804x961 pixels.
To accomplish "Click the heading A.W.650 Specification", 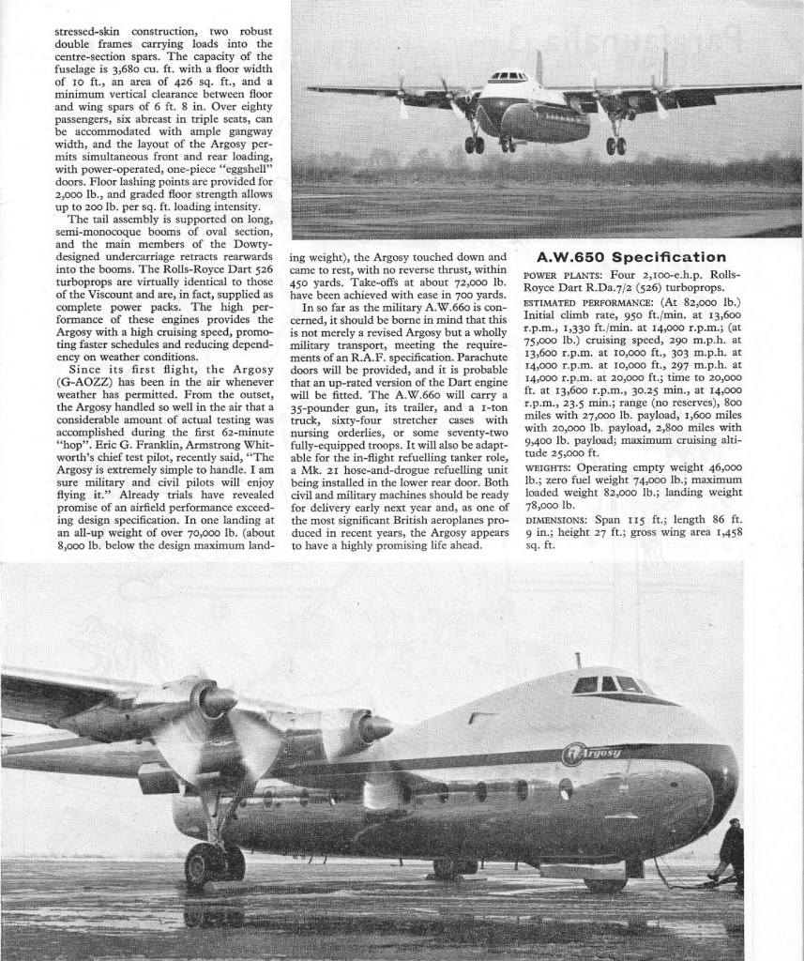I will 630,257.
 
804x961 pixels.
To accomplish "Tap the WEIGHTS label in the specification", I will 548,466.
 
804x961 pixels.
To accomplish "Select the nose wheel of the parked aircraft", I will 606,882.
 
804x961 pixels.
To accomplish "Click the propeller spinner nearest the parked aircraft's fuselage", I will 374,727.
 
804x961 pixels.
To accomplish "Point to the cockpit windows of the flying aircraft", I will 508,75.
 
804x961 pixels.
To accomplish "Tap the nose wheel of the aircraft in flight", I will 508,145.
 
